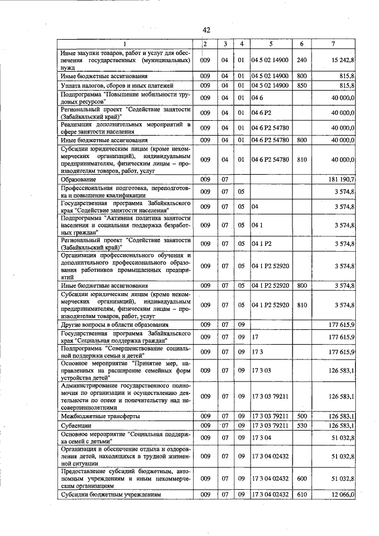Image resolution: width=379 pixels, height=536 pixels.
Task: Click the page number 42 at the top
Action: (x=206, y=30)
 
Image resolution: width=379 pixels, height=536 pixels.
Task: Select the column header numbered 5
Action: (x=270, y=44)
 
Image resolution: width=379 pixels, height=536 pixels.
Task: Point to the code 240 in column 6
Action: (x=301, y=60)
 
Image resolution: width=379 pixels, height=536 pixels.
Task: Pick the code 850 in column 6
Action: (x=301, y=86)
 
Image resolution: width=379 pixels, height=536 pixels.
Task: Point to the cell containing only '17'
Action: (x=255, y=337)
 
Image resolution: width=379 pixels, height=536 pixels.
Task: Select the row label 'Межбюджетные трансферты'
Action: (x=100, y=416)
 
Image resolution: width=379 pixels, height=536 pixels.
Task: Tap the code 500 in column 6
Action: (x=301, y=416)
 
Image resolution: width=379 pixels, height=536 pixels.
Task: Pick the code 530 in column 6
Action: (x=301, y=425)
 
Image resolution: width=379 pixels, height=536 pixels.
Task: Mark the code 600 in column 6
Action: (x=301, y=477)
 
